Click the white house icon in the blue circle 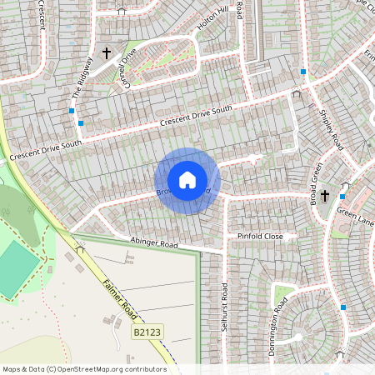pyautogui.click(x=187, y=180)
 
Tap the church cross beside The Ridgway pyautogui.click(x=107, y=53)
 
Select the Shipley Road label pyautogui.click(x=332, y=129)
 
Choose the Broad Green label pyautogui.click(x=316, y=184)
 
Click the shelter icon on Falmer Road pyautogui.click(x=80, y=248)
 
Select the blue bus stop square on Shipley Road pyautogui.click(x=303, y=72)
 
